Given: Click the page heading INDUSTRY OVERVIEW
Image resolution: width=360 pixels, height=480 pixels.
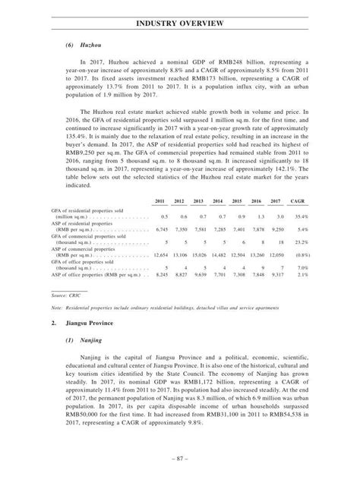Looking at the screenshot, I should (x=179, y=24).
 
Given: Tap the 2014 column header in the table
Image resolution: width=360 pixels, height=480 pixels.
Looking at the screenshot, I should (x=217, y=201).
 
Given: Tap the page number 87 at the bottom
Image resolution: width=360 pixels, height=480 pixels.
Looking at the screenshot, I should (x=180, y=459).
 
